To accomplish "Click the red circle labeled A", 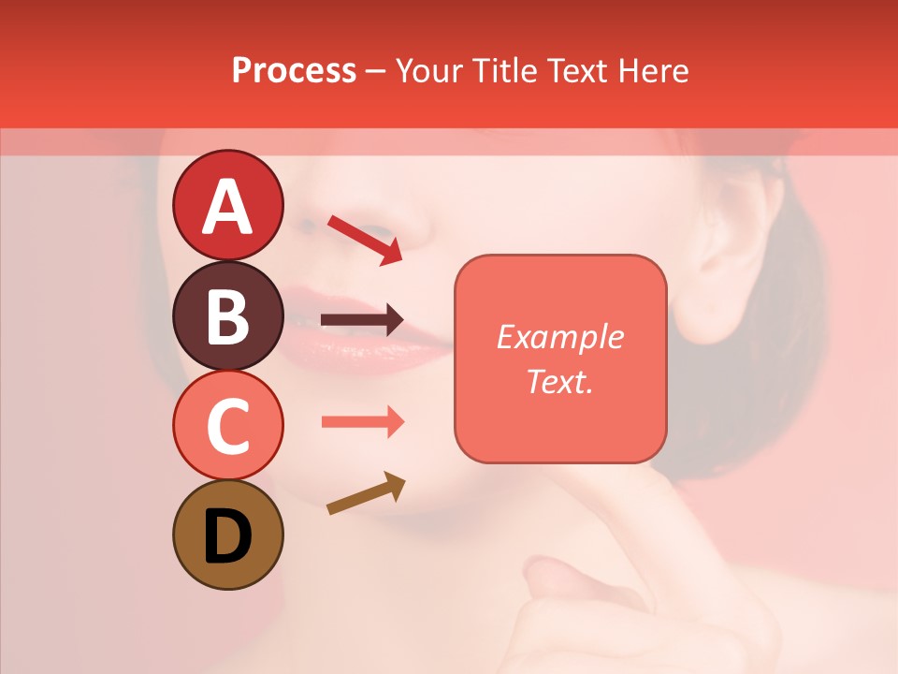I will click(x=227, y=205).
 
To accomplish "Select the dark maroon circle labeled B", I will click(x=227, y=315).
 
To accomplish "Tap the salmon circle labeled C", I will click(x=227, y=425).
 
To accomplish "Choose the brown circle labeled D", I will click(x=227, y=535).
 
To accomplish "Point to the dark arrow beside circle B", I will click(x=362, y=320).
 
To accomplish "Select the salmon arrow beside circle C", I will click(x=362, y=421).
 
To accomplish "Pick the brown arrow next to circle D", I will click(x=366, y=493).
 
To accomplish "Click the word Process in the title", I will click(x=294, y=70).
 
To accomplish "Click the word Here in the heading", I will click(x=652, y=70).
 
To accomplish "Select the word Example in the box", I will click(x=559, y=337).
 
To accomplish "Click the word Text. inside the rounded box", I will click(x=559, y=381).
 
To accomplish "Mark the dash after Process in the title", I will click(x=375, y=71).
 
